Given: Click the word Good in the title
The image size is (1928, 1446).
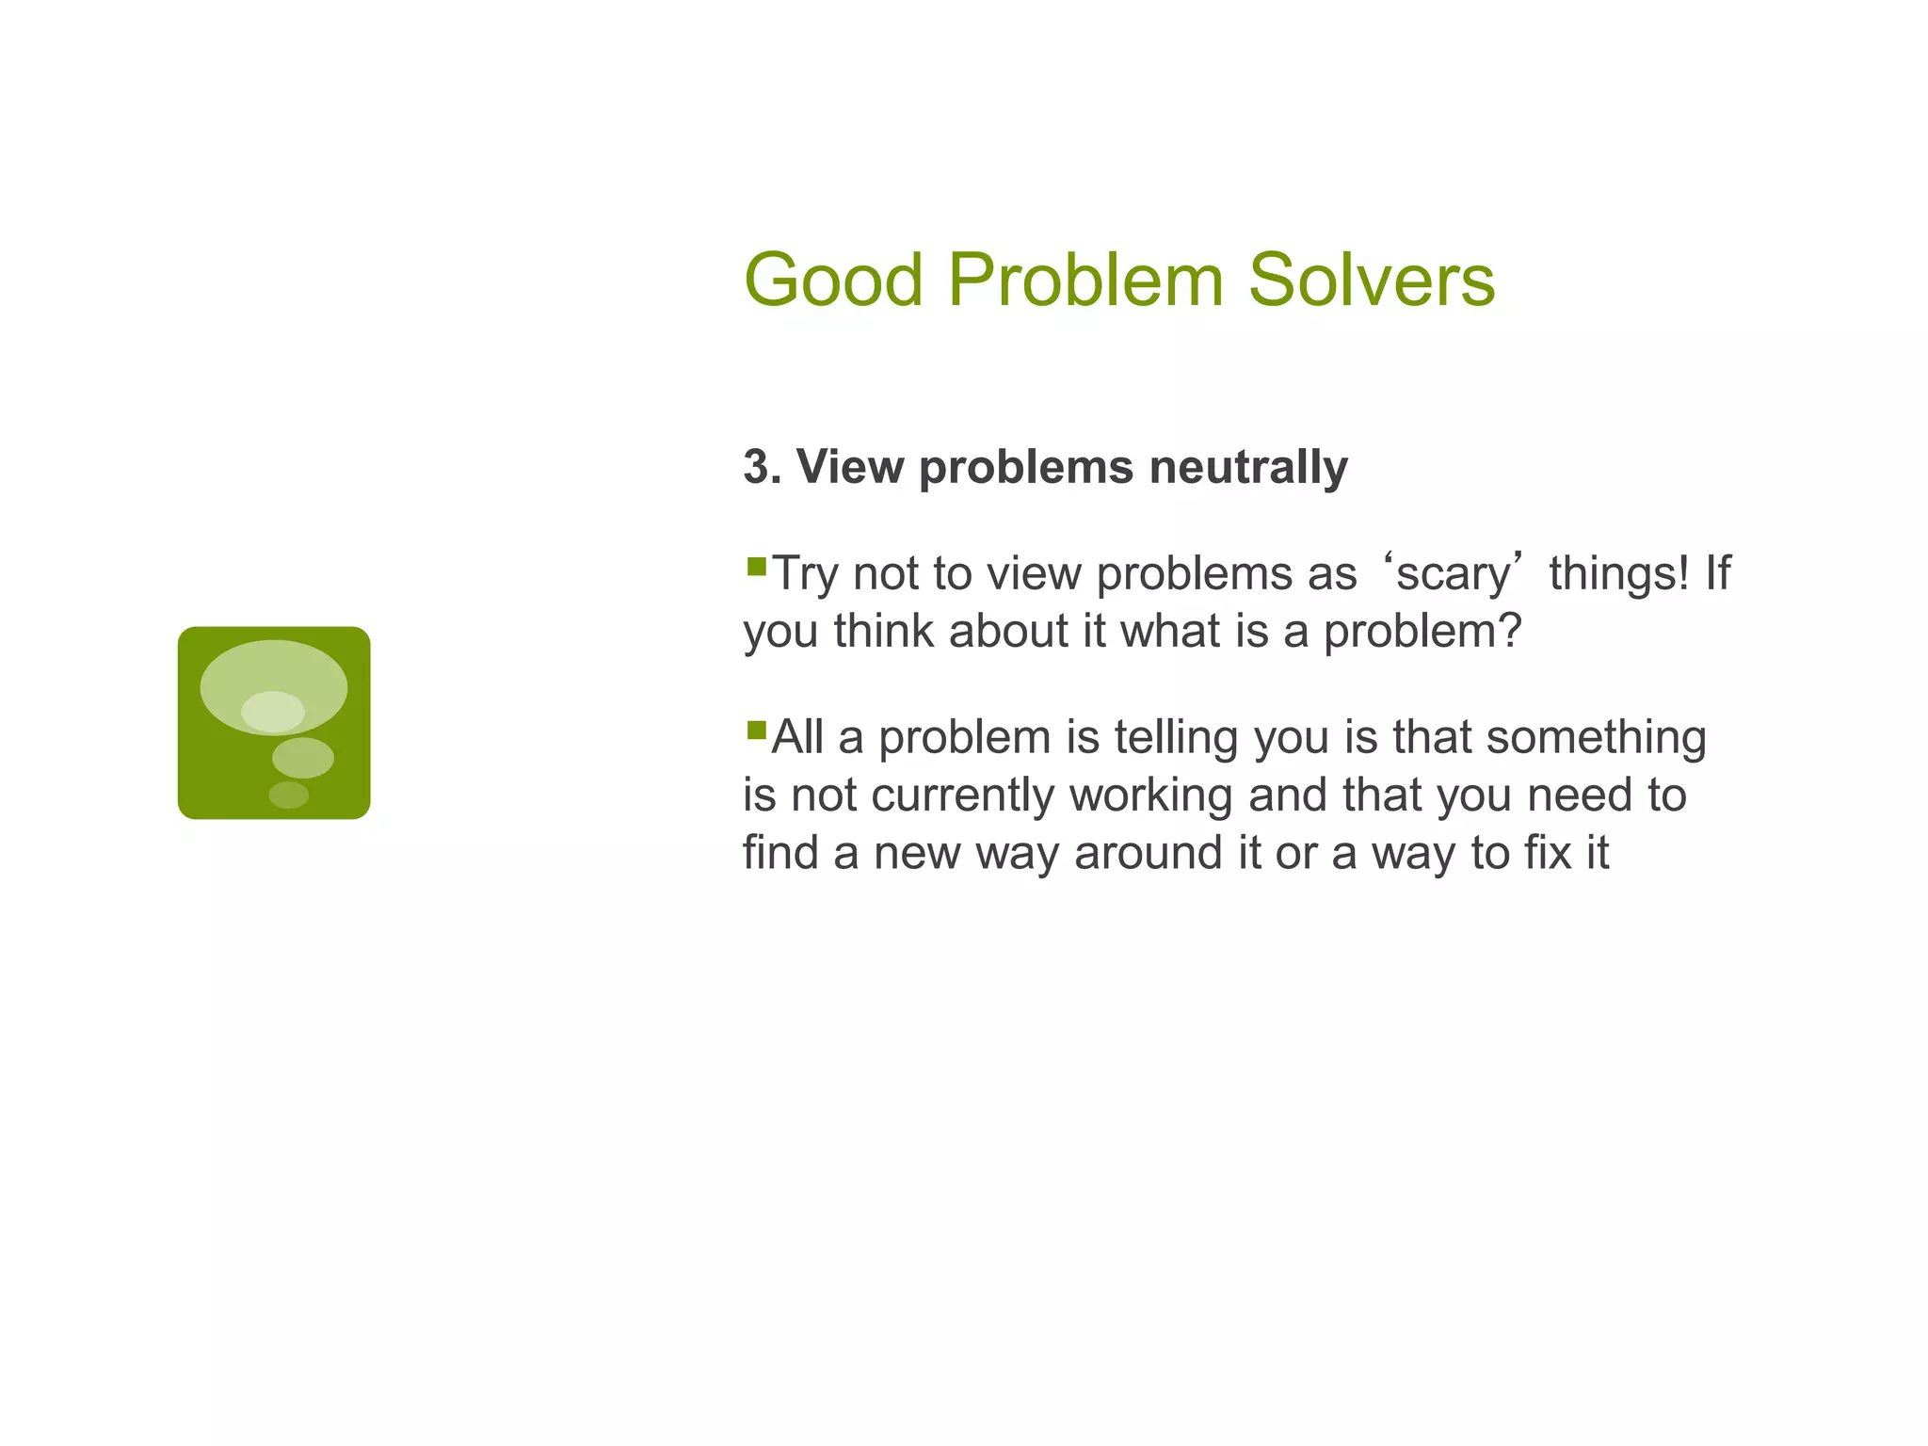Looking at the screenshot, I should (833, 281).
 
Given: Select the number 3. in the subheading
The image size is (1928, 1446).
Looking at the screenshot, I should (762, 467).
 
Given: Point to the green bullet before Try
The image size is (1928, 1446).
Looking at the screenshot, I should (756, 567).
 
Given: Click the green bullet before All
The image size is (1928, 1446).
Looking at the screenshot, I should (756, 731).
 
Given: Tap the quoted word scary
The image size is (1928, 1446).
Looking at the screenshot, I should (1453, 575).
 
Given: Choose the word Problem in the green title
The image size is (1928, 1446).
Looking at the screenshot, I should (1085, 281).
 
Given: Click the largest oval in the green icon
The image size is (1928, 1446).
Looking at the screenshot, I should (274, 670).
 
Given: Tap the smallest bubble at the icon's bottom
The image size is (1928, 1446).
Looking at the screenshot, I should (289, 795).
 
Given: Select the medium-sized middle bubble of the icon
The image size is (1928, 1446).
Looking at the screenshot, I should (303, 758).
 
